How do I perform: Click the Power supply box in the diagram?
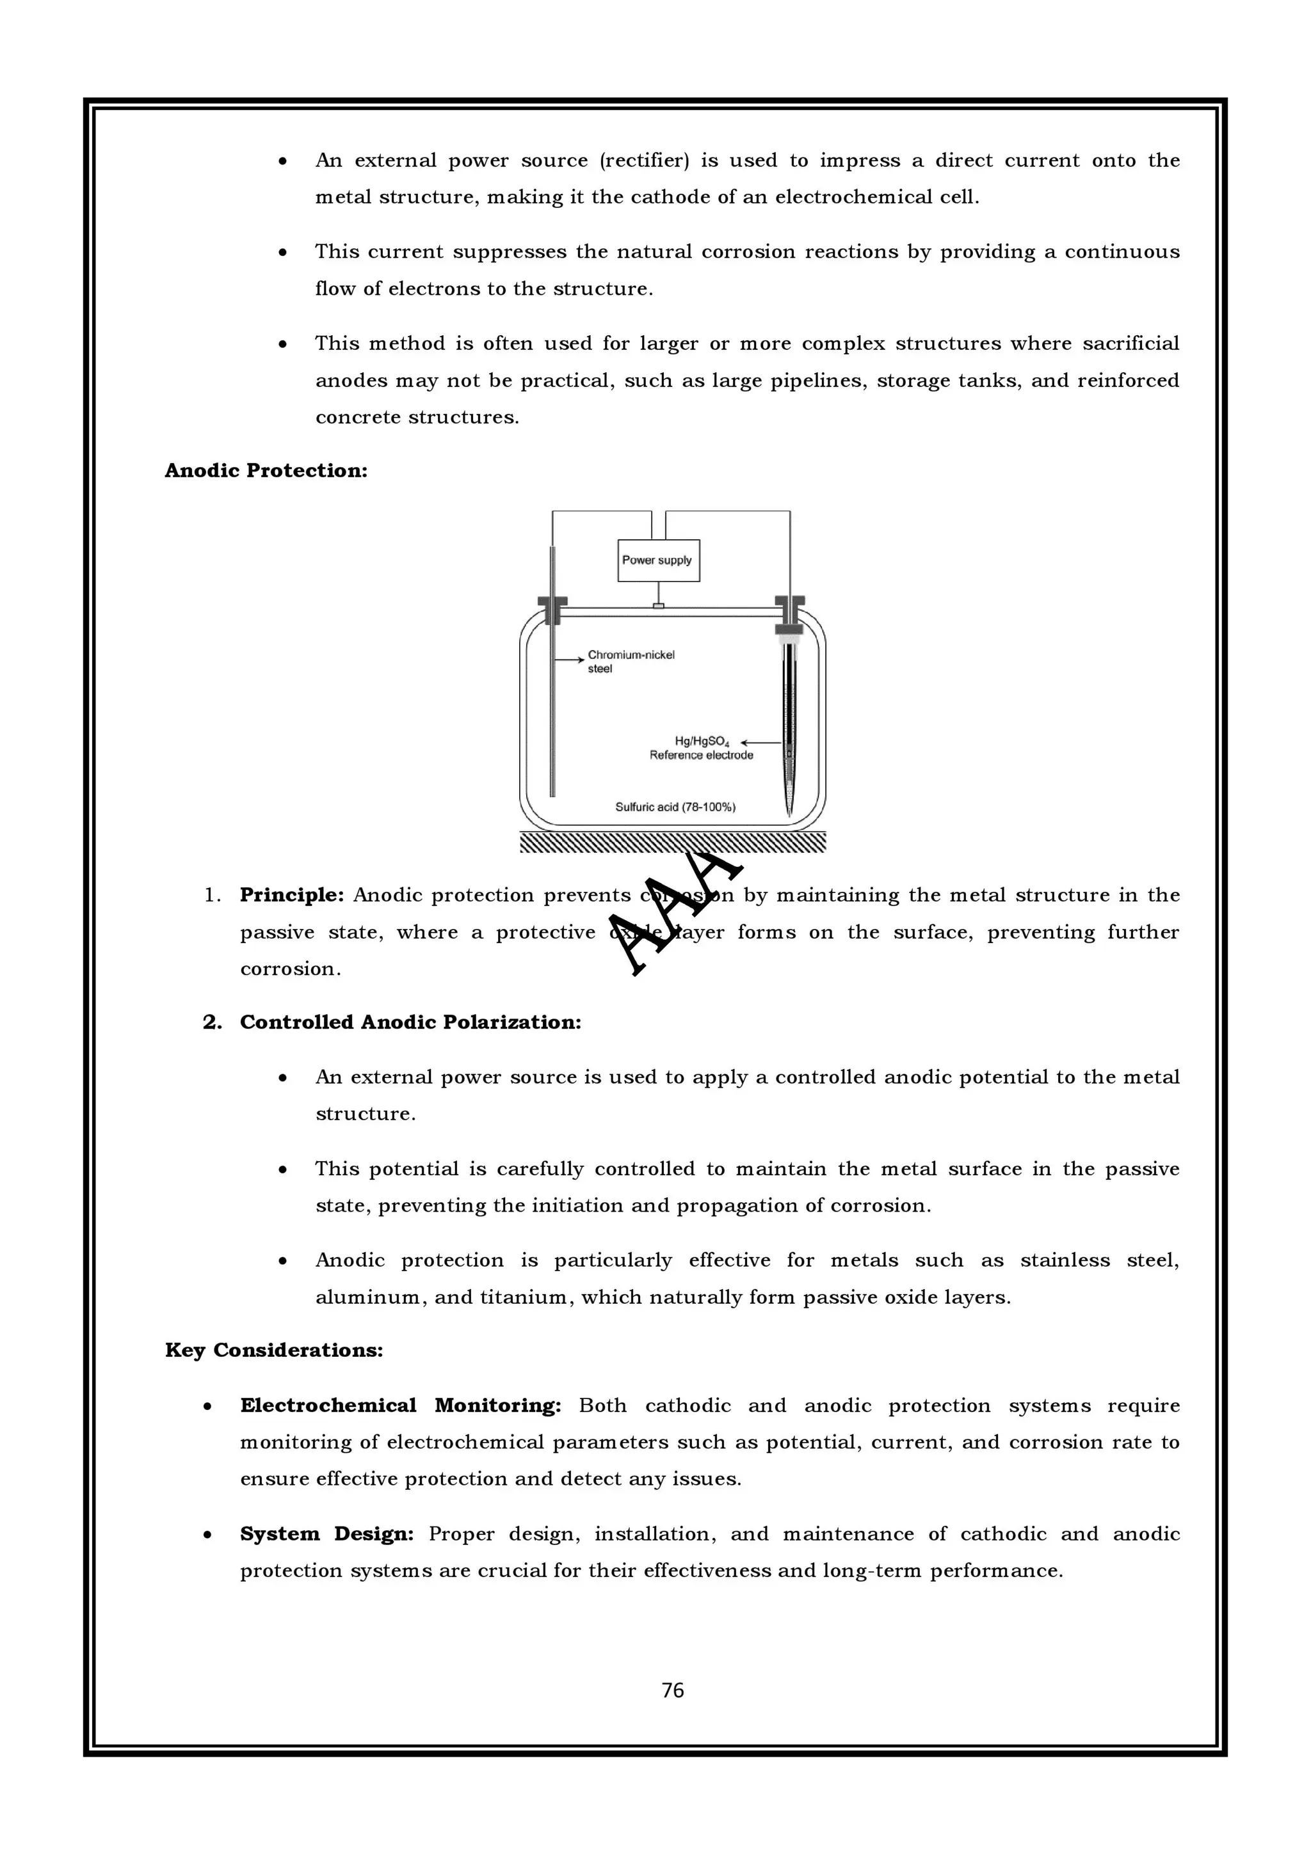(x=658, y=560)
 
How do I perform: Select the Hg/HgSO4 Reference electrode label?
(x=701, y=748)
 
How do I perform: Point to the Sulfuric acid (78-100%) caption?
(x=675, y=807)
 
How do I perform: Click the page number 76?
(x=672, y=1690)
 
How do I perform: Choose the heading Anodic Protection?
(x=266, y=471)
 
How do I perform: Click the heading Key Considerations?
(x=274, y=1350)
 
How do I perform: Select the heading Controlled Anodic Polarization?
(x=410, y=1022)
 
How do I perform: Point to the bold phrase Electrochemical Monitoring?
(x=400, y=1405)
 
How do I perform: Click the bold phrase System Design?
(x=326, y=1533)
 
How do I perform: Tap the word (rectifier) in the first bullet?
(x=644, y=161)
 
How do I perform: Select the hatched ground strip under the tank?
(x=672, y=843)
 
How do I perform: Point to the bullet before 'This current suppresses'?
(x=283, y=253)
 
